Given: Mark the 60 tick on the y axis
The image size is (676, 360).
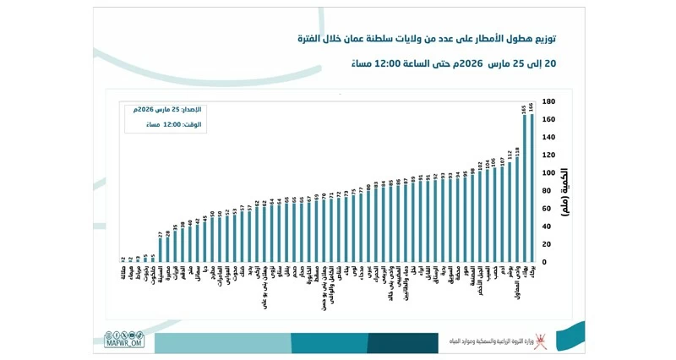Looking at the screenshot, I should (x=550, y=208).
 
